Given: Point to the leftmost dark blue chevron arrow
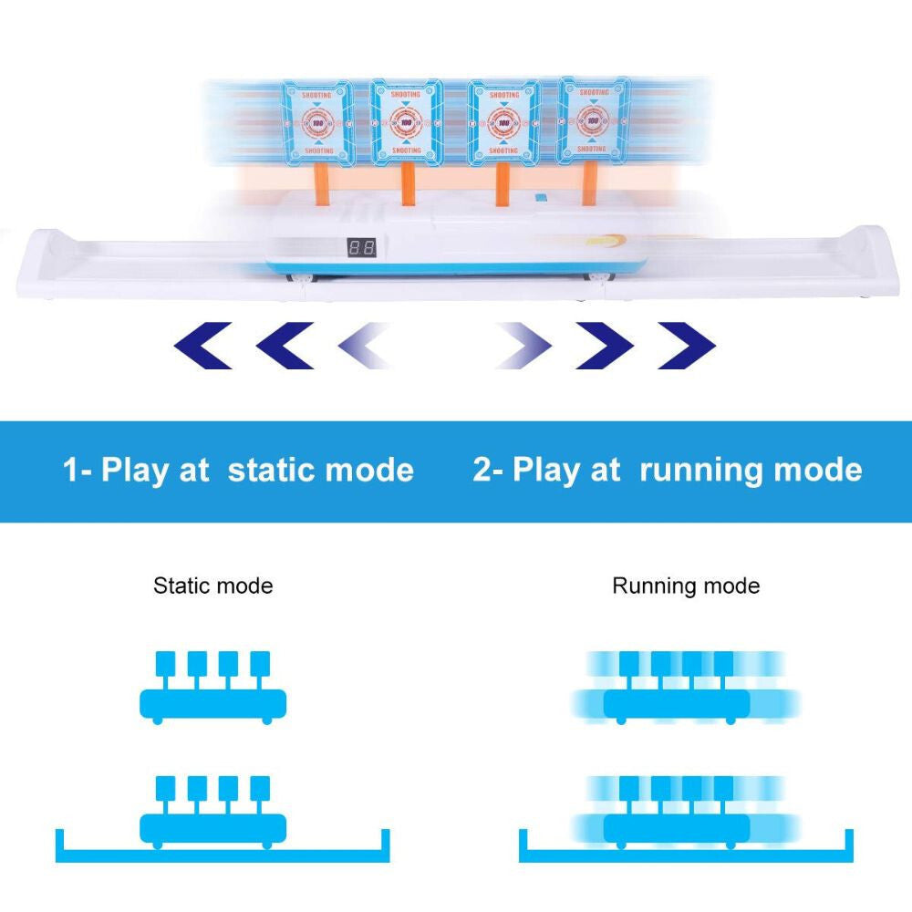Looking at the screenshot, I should pos(202,346).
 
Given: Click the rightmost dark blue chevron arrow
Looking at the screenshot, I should pos(686,346).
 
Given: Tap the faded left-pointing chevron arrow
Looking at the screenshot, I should pos(366,346).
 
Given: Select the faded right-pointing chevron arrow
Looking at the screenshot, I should pos(523,346).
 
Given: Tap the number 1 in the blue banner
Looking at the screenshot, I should pos(70,471).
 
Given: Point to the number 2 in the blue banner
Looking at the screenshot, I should pos(482,471).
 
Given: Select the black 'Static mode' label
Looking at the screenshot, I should pos(212,586).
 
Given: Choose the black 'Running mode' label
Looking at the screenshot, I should pos(686,586).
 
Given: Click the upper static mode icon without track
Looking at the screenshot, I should pos(212,689).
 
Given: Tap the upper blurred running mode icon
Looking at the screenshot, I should pos(686,689).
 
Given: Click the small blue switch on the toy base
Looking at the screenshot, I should pos(542,196).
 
